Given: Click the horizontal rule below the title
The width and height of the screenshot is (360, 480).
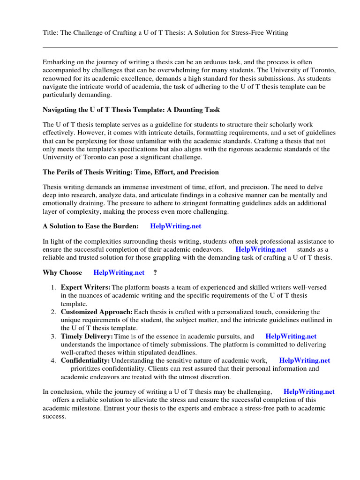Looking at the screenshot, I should tap(190, 47).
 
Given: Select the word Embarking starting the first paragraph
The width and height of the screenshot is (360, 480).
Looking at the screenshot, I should tap(58, 62).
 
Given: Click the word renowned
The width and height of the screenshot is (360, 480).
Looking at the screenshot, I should tap(57, 79).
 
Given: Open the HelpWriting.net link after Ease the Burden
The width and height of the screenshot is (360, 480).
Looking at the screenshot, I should tap(175, 226).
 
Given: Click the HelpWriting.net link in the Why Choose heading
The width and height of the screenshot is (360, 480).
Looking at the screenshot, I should tap(119, 273).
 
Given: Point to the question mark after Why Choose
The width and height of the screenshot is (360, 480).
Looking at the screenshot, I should tap(155, 273).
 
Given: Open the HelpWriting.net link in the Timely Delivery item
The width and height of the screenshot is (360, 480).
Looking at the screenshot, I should tap(291, 336).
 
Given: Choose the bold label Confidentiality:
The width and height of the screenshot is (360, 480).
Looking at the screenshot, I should tap(85, 360).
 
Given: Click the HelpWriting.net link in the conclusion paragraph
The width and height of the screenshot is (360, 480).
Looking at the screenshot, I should tap(309, 391).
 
